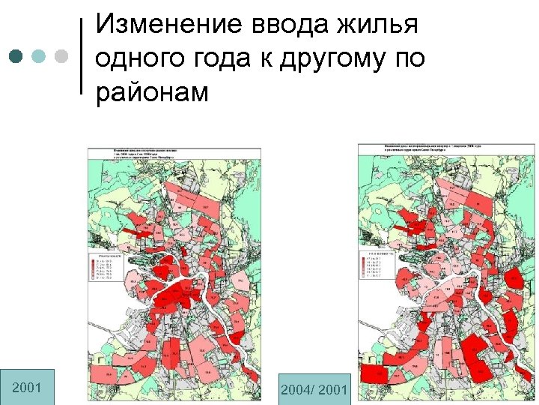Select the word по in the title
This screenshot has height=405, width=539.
point(406,59)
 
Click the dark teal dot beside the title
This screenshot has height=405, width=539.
point(17,56)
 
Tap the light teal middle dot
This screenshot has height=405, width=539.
point(39,56)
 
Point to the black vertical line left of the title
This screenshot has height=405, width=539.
point(81,55)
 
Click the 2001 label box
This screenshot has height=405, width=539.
point(27,387)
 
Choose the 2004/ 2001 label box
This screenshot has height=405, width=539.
point(314,389)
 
